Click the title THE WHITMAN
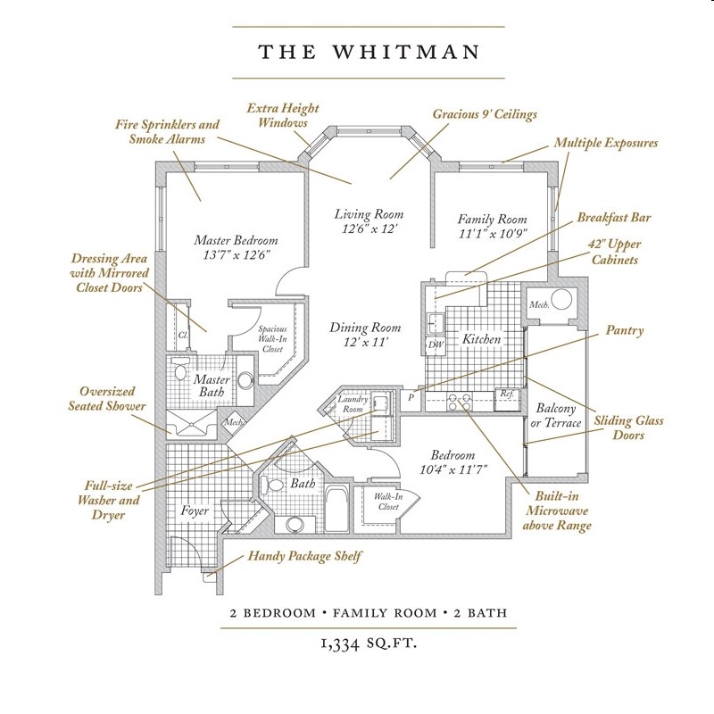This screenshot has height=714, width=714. click(x=357, y=52)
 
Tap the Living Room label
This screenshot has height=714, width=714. click(x=369, y=214)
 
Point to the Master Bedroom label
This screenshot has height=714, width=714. click(x=236, y=241)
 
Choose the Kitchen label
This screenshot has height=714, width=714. click(x=481, y=340)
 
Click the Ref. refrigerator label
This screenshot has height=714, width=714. click(x=506, y=394)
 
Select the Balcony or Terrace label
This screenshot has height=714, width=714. click(x=558, y=415)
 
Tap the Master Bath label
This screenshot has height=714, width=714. click(x=212, y=386)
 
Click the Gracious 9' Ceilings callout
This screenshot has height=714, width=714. click(x=471, y=115)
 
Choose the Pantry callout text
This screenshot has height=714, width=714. click(x=625, y=330)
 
